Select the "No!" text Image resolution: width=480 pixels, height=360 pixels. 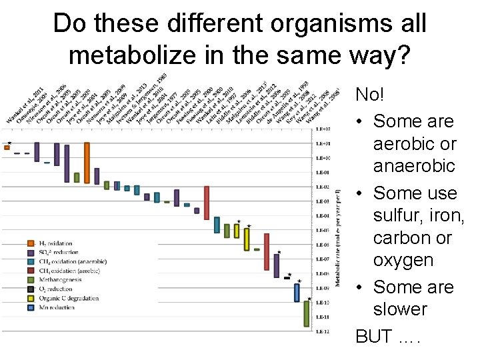[370, 94]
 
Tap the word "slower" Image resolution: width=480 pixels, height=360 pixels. [400, 309]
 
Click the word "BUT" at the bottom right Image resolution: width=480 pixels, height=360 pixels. [374, 336]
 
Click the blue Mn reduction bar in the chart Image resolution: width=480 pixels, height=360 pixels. [297, 292]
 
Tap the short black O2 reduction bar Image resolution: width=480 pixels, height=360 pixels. [287, 277]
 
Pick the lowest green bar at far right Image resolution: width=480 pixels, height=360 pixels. [307, 313]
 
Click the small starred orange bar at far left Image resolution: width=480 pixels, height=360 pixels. [7, 147]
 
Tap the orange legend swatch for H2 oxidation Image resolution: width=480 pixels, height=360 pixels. [31, 243]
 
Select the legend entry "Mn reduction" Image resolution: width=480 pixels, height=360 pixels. [56, 307]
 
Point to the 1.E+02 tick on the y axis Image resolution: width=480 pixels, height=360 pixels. [323, 129]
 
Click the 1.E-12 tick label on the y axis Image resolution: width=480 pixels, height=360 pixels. [323, 331]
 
